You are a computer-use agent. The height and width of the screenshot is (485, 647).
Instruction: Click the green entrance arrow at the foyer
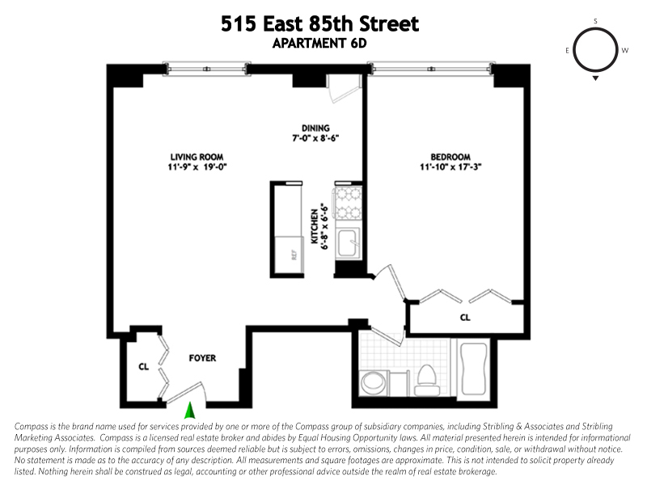[x=190, y=411]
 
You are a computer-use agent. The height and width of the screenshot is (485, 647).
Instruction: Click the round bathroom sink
[x=373, y=382]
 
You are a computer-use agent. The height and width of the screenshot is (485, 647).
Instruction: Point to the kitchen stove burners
[x=350, y=204]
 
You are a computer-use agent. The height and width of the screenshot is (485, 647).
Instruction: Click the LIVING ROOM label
[x=197, y=157]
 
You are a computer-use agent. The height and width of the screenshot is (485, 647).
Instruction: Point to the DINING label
[x=315, y=128]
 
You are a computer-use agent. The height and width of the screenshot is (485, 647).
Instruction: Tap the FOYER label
[x=202, y=357]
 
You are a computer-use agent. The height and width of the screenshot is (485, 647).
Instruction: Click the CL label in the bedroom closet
[x=465, y=318]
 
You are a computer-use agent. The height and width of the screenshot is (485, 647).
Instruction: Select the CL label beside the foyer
[x=143, y=366]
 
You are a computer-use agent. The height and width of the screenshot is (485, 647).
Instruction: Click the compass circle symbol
[x=595, y=49]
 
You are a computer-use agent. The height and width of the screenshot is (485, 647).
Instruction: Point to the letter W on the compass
[x=624, y=50]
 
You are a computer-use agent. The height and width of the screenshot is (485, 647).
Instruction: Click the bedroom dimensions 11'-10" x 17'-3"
[x=450, y=167]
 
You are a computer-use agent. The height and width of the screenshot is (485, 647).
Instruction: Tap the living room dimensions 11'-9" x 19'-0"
[x=197, y=167]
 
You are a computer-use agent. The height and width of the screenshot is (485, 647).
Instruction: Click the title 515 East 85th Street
[x=320, y=24]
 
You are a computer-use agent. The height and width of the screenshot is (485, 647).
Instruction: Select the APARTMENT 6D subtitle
[x=321, y=44]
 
